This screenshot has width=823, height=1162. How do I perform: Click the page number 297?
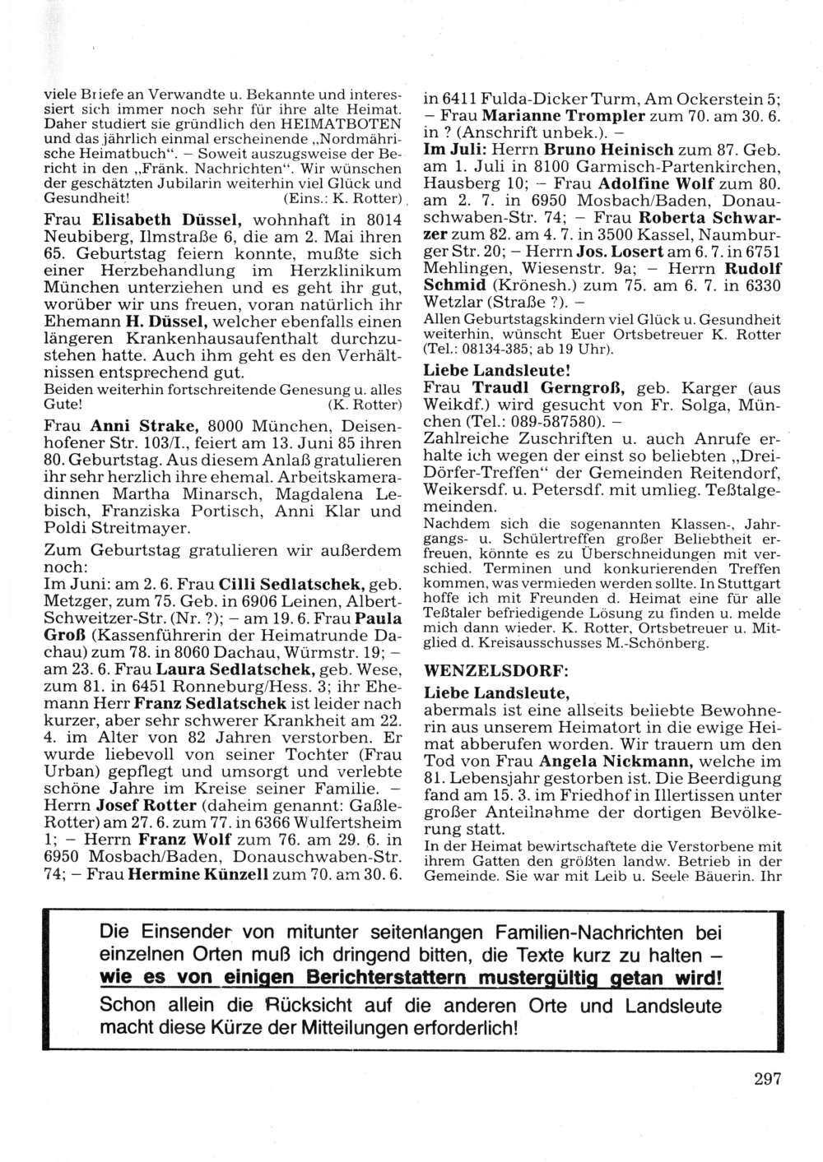pyautogui.click(x=766, y=1080)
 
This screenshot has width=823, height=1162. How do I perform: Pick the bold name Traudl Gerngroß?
pyautogui.click(x=547, y=387)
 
